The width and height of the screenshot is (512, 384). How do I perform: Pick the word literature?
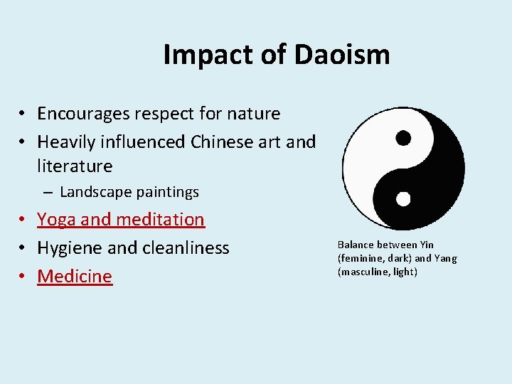coord(75,166)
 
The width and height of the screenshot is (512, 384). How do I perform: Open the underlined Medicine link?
coord(75,276)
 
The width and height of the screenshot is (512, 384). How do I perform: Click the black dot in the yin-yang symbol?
coord(403,137)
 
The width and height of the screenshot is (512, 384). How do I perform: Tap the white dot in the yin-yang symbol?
coord(403,198)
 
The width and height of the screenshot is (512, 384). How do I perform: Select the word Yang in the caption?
coord(446,259)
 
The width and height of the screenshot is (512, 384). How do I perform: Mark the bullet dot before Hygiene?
coord(23,248)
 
